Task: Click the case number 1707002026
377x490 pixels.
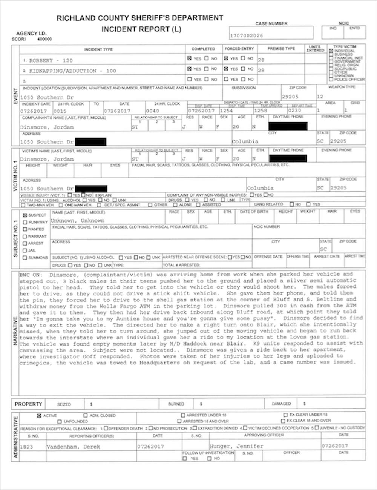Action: pos(247,35)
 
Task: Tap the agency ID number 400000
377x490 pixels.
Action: pos(45,39)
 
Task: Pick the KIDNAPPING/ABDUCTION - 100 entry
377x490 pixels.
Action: pos(69,71)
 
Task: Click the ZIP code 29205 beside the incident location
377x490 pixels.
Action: pos(290,97)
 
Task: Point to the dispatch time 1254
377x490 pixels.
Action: pos(226,111)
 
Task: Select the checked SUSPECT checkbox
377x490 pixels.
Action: pos(25,215)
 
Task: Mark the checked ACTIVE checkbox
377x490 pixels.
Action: pos(39,415)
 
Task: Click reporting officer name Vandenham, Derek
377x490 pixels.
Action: pos(73,447)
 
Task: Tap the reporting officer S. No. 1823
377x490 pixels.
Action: pos(26,447)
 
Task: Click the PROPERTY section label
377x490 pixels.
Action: pos(28,404)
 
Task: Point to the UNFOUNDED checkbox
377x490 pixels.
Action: pos(59,421)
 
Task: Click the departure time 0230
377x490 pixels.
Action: pos(294,111)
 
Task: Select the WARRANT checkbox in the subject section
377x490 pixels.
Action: pos(25,236)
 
